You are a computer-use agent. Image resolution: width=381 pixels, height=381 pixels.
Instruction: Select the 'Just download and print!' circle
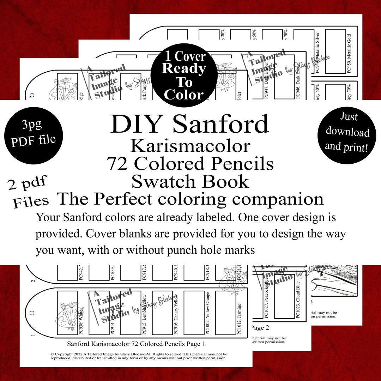[x=347, y=132]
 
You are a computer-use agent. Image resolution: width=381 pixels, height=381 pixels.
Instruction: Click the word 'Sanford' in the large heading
[x=221, y=124]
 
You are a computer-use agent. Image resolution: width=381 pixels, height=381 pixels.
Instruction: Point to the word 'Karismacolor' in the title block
[x=190, y=145]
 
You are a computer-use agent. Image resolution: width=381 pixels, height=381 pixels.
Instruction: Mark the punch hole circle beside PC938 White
[x=32, y=313]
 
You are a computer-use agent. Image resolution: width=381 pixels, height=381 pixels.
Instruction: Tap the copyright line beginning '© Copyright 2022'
[x=138, y=353]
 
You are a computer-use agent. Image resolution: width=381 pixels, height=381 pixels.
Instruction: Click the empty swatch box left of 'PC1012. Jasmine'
[x=225, y=313]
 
